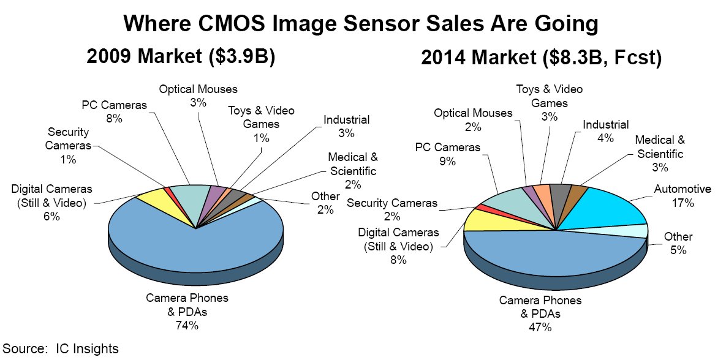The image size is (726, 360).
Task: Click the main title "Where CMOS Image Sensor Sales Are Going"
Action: (360, 24)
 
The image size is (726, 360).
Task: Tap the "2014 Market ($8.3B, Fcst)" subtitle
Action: (542, 60)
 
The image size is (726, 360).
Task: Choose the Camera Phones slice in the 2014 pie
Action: (551, 257)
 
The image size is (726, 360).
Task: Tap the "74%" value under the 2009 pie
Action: (187, 325)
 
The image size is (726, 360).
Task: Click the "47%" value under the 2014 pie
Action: (540, 328)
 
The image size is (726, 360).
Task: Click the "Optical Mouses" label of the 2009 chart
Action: (198, 89)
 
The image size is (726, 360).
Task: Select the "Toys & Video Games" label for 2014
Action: (549, 96)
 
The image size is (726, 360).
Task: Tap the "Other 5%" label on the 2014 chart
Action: (678, 243)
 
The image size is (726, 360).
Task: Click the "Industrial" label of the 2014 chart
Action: (605, 125)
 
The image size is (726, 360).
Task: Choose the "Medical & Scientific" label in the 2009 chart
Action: (352, 165)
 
